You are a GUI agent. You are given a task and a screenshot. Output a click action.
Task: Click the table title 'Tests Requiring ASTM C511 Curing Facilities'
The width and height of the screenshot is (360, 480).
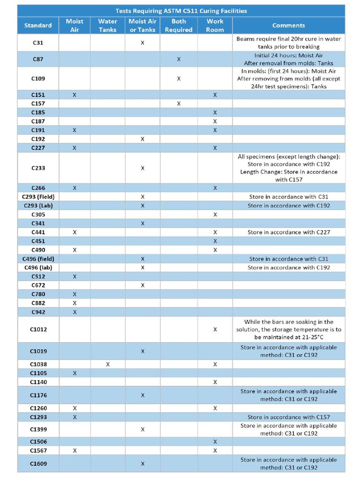181,11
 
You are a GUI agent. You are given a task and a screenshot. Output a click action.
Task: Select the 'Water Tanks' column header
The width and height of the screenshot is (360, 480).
107,25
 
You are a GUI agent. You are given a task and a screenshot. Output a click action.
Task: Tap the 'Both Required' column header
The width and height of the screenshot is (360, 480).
179,25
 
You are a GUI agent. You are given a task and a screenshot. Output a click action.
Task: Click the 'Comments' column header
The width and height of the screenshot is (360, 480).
288,25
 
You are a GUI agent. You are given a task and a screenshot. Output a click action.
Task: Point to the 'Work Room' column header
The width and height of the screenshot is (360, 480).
215,25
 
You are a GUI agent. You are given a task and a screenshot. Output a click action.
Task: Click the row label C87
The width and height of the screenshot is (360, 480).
38,59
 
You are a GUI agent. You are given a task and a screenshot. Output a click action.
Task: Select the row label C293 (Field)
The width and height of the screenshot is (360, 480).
38,197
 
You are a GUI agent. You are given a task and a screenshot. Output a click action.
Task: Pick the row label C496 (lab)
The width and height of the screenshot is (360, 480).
38,268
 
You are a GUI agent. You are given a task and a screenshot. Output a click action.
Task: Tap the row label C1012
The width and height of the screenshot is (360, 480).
38,330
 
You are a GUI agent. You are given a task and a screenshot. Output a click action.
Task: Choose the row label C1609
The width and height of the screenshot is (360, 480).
38,464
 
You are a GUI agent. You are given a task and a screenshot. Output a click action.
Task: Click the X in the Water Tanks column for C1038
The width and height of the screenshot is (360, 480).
108,364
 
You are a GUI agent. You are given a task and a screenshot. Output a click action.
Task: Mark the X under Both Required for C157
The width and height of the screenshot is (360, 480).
179,104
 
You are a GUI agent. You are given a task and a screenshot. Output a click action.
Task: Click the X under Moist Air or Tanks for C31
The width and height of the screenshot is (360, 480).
142,43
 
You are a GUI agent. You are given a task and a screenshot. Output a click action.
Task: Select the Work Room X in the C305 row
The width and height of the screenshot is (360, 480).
215,215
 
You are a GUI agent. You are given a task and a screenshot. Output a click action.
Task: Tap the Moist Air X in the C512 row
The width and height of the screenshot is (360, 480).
75,277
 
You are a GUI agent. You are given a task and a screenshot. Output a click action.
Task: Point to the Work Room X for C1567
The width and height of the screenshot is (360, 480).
215,450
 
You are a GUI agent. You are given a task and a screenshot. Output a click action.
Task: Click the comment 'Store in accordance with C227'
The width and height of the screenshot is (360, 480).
289,232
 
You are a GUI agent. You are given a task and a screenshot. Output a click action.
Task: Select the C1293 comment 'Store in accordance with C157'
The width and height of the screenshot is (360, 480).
289,417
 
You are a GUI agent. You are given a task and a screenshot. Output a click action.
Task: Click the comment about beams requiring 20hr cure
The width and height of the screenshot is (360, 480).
289,43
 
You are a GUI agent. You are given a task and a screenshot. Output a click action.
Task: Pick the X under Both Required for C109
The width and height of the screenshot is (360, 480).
179,79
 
